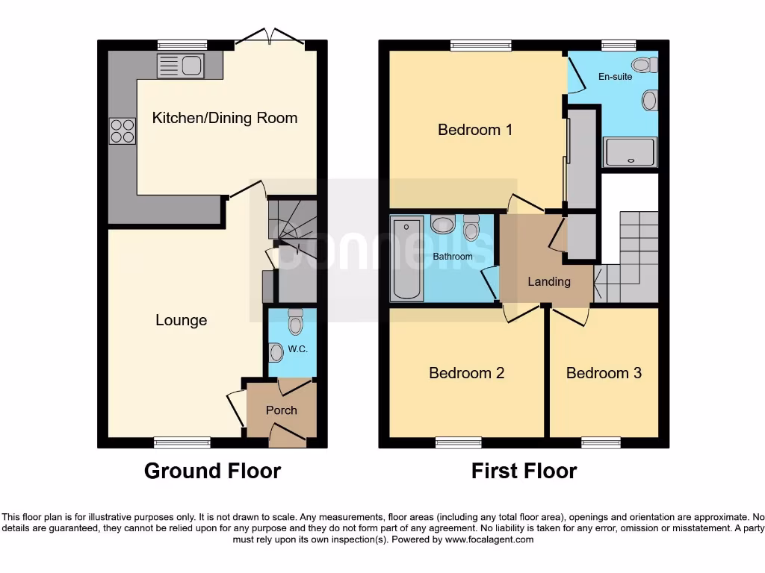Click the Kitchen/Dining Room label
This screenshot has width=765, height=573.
point(225,118)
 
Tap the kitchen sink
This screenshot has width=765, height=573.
point(180,66)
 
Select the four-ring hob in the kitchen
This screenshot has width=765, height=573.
point(123,131)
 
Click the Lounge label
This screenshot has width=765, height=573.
point(181,320)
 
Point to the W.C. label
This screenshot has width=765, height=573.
point(298,348)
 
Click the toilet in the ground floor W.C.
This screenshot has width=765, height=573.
point(295,322)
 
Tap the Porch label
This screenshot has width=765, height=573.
point(282,410)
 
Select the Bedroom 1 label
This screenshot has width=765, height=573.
point(475,130)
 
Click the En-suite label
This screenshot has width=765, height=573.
point(615,77)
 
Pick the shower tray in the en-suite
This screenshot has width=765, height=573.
point(631,152)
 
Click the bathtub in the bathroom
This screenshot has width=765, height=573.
point(407,260)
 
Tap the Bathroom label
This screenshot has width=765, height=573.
point(453,257)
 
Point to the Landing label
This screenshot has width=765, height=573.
point(549,281)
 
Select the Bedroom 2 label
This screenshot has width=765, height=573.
point(466,373)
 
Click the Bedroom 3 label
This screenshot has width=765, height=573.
point(604,373)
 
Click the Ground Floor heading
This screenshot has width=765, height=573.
point(212,472)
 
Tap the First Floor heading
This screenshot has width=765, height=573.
point(524,472)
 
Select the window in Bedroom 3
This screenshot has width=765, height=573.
point(601,442)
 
